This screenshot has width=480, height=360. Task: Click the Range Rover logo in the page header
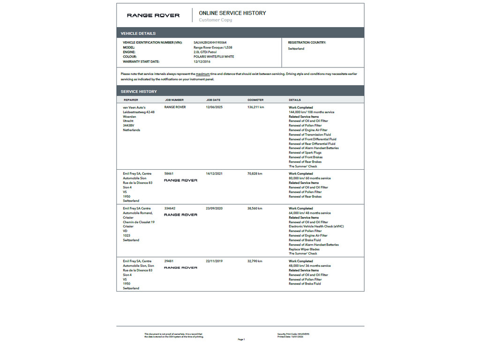(x=153, y=15)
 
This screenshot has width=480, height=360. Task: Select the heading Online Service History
(x=232, y=13)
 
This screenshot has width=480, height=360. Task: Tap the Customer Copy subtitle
(x=215, y=20)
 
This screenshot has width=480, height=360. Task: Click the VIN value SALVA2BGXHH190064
(x=210, y=43)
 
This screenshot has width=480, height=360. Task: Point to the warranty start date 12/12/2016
(x=202, y=61)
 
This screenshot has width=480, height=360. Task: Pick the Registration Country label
(x=307, y=43)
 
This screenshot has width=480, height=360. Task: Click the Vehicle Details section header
(x=138, y=33)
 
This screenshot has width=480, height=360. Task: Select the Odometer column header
(x=255, y=100)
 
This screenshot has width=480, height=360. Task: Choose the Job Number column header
(x=174, y=100)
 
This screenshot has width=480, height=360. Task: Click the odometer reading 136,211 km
(x=256, y=107)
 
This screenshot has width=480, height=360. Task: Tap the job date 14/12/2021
(x=214, y=173)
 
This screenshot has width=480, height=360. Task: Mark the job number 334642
(x=170, y=208)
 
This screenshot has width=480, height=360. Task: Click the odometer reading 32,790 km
(x=255, y=261)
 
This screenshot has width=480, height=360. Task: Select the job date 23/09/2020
(x=214, y=208)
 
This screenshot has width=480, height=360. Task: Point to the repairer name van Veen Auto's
(x=135, y=107)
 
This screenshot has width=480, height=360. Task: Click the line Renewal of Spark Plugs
(x=305, y=153)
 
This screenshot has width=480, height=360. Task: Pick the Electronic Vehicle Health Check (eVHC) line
(x=316, y=226)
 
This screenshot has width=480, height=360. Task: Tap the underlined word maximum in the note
(x=202, y=74)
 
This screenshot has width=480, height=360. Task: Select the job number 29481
(x=169, y=261)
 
